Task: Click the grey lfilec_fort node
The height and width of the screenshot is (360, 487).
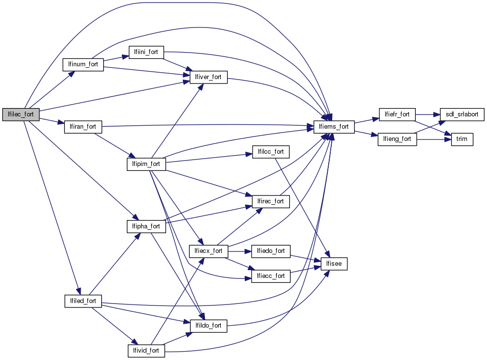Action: pyautogui.click(x=21, y=114)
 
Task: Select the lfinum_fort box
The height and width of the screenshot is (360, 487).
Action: pyautogui.click(x=83, y=64)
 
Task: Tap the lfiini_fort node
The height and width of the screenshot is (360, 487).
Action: pyautogui.click(x=146, y=52)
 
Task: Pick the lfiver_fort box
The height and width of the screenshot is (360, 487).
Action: pyautogui.click(x=208, y=77)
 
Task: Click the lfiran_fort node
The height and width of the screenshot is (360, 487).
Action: pyautogui.click(x=83, y=127)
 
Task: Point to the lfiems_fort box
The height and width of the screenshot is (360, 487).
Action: pyautogui.click(x=334, y=127)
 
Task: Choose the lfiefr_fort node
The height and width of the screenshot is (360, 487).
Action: pyautogui.click(x=397, y=114)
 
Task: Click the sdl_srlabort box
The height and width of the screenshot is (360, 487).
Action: pyautogui.click(x=462, y=114)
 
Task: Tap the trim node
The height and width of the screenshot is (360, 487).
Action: pyautogui.click(x=462, y=139)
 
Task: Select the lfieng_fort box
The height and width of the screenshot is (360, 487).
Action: pyautogui.click(x=397, y=139)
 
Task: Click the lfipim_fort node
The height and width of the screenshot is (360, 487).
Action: pyautogui.click(x=146, y=164)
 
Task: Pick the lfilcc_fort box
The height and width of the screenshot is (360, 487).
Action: pyautogui.click(x=271, y=151)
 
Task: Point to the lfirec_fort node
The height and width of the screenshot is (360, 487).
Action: pyautogui.click(x=271, y=201)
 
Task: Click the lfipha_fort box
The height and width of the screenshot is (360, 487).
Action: pyautogui.click(x=146, y=226)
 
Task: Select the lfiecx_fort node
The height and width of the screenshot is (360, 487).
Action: pyautogui.click(x=208, y=251)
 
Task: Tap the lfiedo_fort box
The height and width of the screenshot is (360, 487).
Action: pyautogui.click(x=271, y=251)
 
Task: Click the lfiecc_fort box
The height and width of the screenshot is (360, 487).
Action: pyautogui.click(x=271, y=276)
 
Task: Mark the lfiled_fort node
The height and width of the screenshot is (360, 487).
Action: pyautogui.click(x=83, y=301)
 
